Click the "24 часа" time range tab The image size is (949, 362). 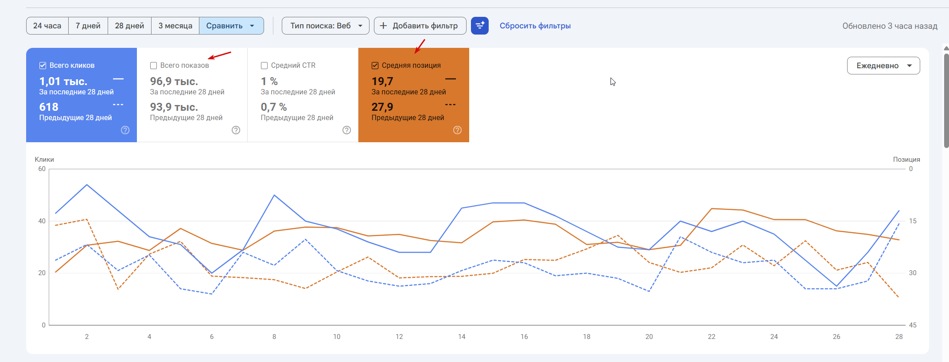(47, 26)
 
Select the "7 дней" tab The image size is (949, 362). (88, 26)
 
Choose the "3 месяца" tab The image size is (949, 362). (175, 26)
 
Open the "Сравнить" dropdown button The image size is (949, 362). (231, 26)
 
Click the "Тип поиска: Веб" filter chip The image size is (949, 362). (325, 26)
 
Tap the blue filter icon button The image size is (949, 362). (479, 26)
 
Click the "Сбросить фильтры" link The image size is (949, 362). (535, 26)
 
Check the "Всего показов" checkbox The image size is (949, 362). (154, 66)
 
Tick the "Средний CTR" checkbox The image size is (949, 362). (264, 66)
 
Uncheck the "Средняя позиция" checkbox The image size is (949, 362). (375, 66)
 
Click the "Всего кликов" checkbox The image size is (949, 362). (43, 66)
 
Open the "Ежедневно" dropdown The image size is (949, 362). (883, 66)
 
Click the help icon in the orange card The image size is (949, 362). (457, 130)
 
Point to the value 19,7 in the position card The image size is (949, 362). (382, 82)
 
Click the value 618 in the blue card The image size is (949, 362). (49, 107)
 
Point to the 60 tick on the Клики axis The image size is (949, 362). (42, 169)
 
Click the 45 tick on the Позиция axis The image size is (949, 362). (913, 325)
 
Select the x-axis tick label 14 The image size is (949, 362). (462, 337)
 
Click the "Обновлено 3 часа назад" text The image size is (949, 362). (890, 26)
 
